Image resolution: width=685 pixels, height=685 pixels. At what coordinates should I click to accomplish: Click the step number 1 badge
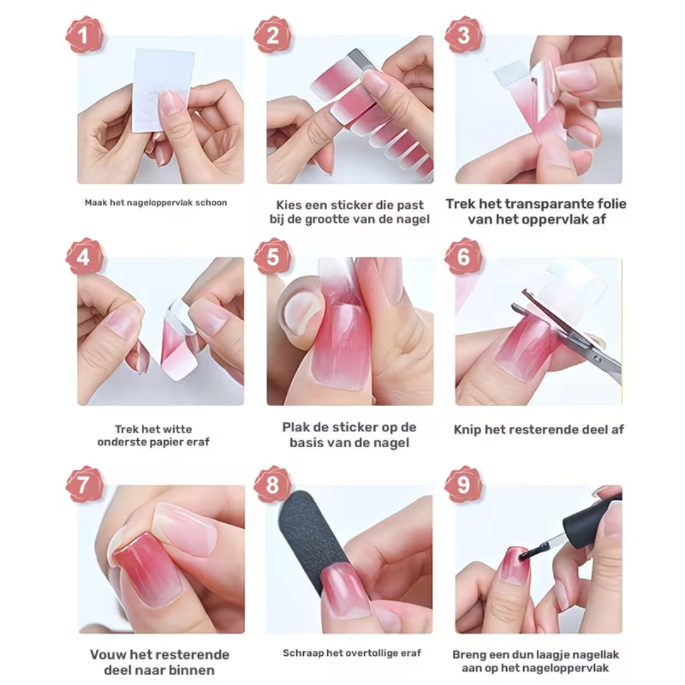tap(84, 35)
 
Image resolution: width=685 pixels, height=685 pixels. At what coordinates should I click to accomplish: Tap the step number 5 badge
tap(273, 257)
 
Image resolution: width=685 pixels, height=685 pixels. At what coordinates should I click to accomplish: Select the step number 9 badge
tap(463, 485)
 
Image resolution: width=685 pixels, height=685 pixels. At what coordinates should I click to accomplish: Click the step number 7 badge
tap(84, 485)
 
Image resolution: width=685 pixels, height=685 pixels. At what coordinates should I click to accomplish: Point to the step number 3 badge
tap(463, 35)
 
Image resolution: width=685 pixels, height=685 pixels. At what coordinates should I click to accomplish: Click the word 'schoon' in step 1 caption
tap(214, 203)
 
